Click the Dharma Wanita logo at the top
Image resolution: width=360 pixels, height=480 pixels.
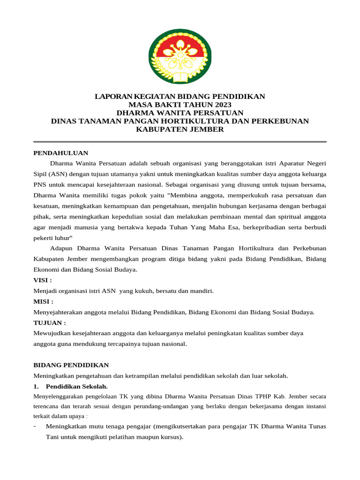[x=180, y=56]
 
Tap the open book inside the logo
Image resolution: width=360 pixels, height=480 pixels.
[x=180, y=75]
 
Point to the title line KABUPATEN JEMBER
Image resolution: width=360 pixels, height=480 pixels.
[x=180, y=129]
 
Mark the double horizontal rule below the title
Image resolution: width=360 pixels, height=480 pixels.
[x=180, y=142]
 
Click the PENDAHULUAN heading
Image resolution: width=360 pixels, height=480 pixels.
[x=61, y=153]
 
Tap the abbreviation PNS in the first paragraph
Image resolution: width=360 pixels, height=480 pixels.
[x=40, y=184]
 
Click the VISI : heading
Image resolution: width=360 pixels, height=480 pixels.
[x=43, y=280]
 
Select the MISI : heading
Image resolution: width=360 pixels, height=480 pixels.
[x=43, y=301]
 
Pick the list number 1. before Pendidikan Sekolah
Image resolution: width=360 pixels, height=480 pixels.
[x=37, y=387]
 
